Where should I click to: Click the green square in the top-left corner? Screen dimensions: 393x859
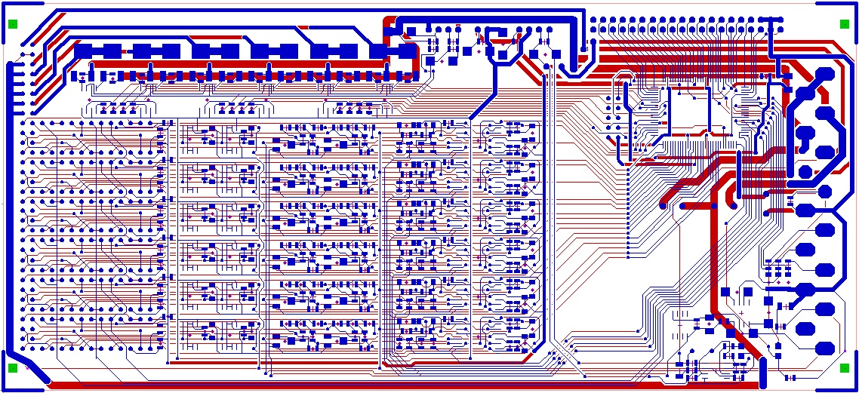[x=13, y=24]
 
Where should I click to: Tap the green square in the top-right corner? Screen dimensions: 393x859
[x=845, y=24]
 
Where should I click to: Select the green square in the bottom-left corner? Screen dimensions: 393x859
[x=13, y=368]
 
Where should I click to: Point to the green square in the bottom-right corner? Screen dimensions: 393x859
[x=845, y=368]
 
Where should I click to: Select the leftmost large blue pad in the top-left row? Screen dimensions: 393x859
[x=83, y=51]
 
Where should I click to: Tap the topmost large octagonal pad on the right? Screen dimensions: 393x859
[x=824, y=74]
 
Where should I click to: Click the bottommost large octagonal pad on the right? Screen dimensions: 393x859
[x=824, y=348]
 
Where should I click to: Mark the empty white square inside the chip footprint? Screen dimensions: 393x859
[x=688, y=112]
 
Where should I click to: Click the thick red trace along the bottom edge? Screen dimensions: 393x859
[x=377, y=385]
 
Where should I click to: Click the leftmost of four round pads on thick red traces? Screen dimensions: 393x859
[x=664, y=205]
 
